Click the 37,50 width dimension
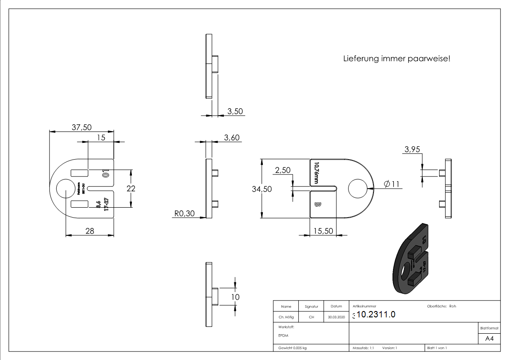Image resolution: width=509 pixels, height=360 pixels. click(82, 127)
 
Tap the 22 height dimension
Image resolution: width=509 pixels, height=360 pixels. click(131, 188)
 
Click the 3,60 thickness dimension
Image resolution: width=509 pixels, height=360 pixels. click(232, 138)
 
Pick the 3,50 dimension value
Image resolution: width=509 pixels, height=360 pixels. click(236, 111)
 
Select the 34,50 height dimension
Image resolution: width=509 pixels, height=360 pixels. click(262, 189)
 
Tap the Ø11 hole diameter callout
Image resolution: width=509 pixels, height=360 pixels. click(392, 184)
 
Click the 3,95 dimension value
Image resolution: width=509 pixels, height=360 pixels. click(412, 150)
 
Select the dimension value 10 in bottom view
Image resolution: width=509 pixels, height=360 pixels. click(235, 297)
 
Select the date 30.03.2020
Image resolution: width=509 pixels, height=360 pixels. click(336, 317)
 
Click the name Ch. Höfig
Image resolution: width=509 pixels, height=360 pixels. click(286, 317)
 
